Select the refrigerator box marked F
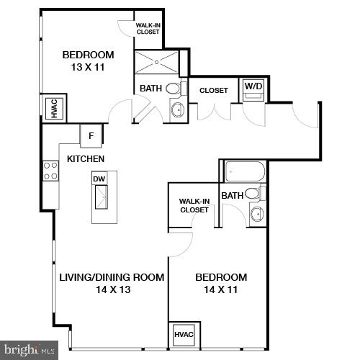(x=91, y=135)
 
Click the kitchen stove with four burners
(x=51, y=171)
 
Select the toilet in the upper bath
(x=174, y=90)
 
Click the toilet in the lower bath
(x=253, y=193)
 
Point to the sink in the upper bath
(x=177, y=110)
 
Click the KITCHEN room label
(x=86, y=158)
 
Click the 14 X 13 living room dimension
(x=112, y=289)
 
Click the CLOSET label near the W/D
(x=213, y=90)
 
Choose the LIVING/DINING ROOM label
(x=112, y=277)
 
